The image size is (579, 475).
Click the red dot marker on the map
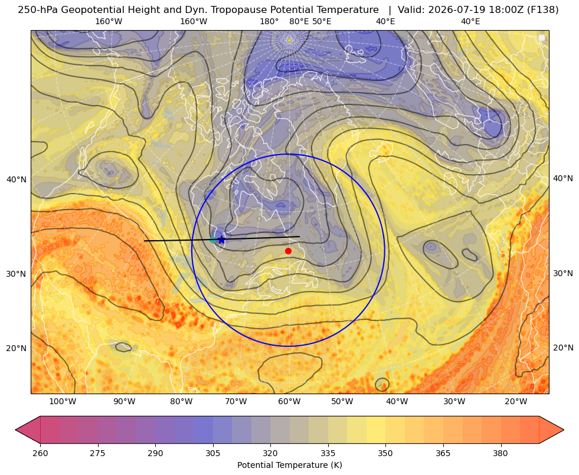click(x=288, y=251)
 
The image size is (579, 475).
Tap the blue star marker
click(x=221, y=240)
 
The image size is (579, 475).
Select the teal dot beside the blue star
click(x=212, y=240)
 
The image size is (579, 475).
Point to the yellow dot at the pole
click(x=289, y=40)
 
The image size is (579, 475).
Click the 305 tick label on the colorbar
click(x=212, y=453)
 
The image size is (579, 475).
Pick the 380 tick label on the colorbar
click(x=501, y=453)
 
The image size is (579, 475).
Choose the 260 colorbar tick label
click(x=40, y=453)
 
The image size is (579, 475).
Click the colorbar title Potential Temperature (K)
click(x=289, y=465)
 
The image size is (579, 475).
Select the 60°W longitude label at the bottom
click(x=289, y=402)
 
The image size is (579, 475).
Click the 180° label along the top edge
click(x=269, y=21)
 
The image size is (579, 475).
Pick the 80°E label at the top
click(x=299, y=21)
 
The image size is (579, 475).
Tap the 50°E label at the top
click(x=322, y=21)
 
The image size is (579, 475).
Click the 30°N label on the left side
click(x=17, y=274)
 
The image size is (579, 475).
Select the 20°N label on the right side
click(x=563, y=348)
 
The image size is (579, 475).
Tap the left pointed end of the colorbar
click(x=15, y=430)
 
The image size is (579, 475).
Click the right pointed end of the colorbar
click(x=564, y=430)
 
